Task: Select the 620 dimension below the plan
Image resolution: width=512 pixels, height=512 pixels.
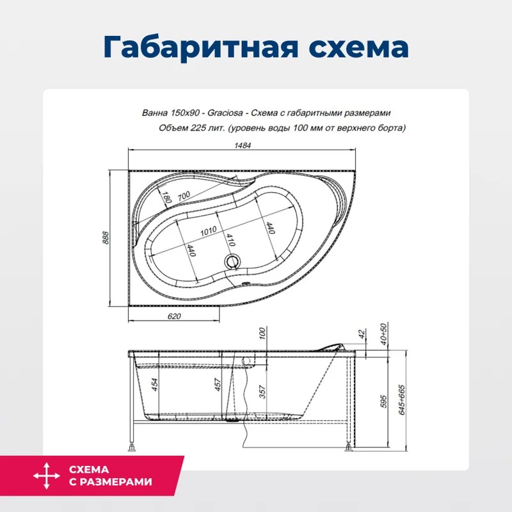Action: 174,316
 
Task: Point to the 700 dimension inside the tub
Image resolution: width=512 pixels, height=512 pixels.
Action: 184,195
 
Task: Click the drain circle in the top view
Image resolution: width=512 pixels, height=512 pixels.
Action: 233,262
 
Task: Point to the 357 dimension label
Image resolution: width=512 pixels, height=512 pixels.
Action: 262,392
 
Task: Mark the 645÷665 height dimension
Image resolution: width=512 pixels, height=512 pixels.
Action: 402,399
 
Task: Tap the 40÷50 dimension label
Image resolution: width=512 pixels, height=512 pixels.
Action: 384,333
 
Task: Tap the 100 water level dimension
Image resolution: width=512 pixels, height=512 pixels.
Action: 262,333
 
